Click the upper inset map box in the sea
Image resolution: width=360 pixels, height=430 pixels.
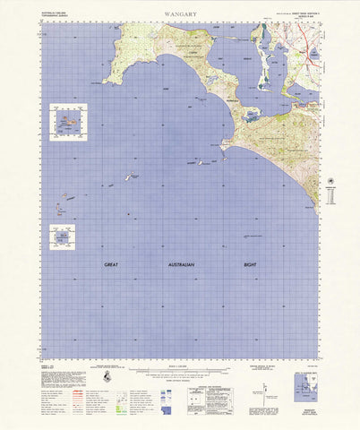[x=69, y=120]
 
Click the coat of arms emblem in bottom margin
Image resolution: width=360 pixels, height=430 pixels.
[x=107, y=381]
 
